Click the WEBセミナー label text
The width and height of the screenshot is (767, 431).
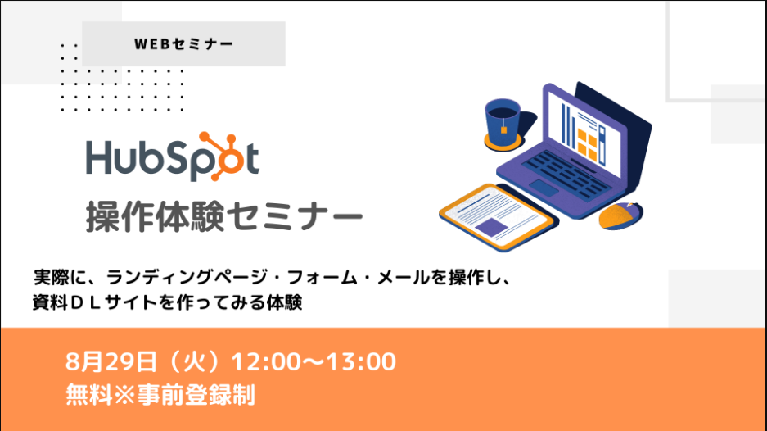[183, 44]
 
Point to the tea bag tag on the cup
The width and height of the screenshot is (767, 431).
[503, 129]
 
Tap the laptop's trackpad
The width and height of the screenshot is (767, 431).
[544, 188]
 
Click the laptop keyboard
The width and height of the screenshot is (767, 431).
[567, 175]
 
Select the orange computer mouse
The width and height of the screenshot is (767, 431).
[620, 215]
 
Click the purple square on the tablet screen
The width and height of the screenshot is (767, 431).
[491, 227]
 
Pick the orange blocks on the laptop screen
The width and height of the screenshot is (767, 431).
[588, 144]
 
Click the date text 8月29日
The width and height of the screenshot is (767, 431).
[111, 362]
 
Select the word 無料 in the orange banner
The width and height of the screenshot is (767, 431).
[89, 395]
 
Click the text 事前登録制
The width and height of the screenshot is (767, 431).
[196, 395]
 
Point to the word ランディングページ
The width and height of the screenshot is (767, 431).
[187, 278]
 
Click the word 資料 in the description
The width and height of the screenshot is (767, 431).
[50, 302]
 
